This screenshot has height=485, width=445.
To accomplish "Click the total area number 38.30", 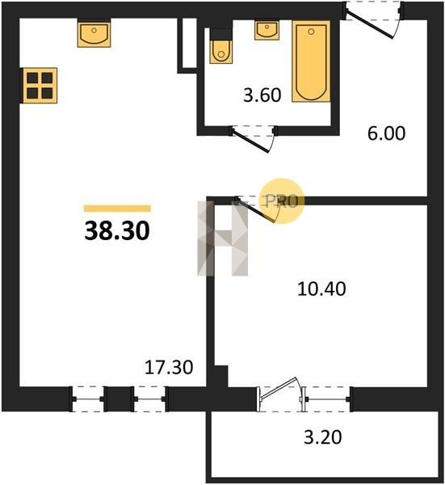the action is pos(117,230).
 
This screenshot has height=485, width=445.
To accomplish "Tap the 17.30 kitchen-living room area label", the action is pos(169,367).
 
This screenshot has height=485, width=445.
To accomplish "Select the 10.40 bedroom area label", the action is pos(321,289).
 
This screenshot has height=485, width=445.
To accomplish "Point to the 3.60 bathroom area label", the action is pos(262,95).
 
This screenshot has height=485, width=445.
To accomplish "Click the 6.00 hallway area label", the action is pos(386,133).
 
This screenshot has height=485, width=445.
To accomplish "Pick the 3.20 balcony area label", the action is pos(323,437).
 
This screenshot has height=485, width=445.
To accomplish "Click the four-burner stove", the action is pos(40,86).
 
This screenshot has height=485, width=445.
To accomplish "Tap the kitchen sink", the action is pos(94,34).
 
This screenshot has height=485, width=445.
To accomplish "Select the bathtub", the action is pos(311,61).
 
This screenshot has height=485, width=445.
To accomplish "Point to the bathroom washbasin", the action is pos(267,30).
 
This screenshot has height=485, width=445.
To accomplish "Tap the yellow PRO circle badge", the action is pos(282,201).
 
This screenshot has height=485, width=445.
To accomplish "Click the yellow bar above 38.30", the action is pos(117,209).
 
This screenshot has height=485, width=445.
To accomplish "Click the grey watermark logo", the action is pos(223,238).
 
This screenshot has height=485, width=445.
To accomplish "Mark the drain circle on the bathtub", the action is pos(311,32).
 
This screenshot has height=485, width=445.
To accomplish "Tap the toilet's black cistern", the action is pos(221,34).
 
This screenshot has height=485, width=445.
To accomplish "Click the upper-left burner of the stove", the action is pos(32,78).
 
